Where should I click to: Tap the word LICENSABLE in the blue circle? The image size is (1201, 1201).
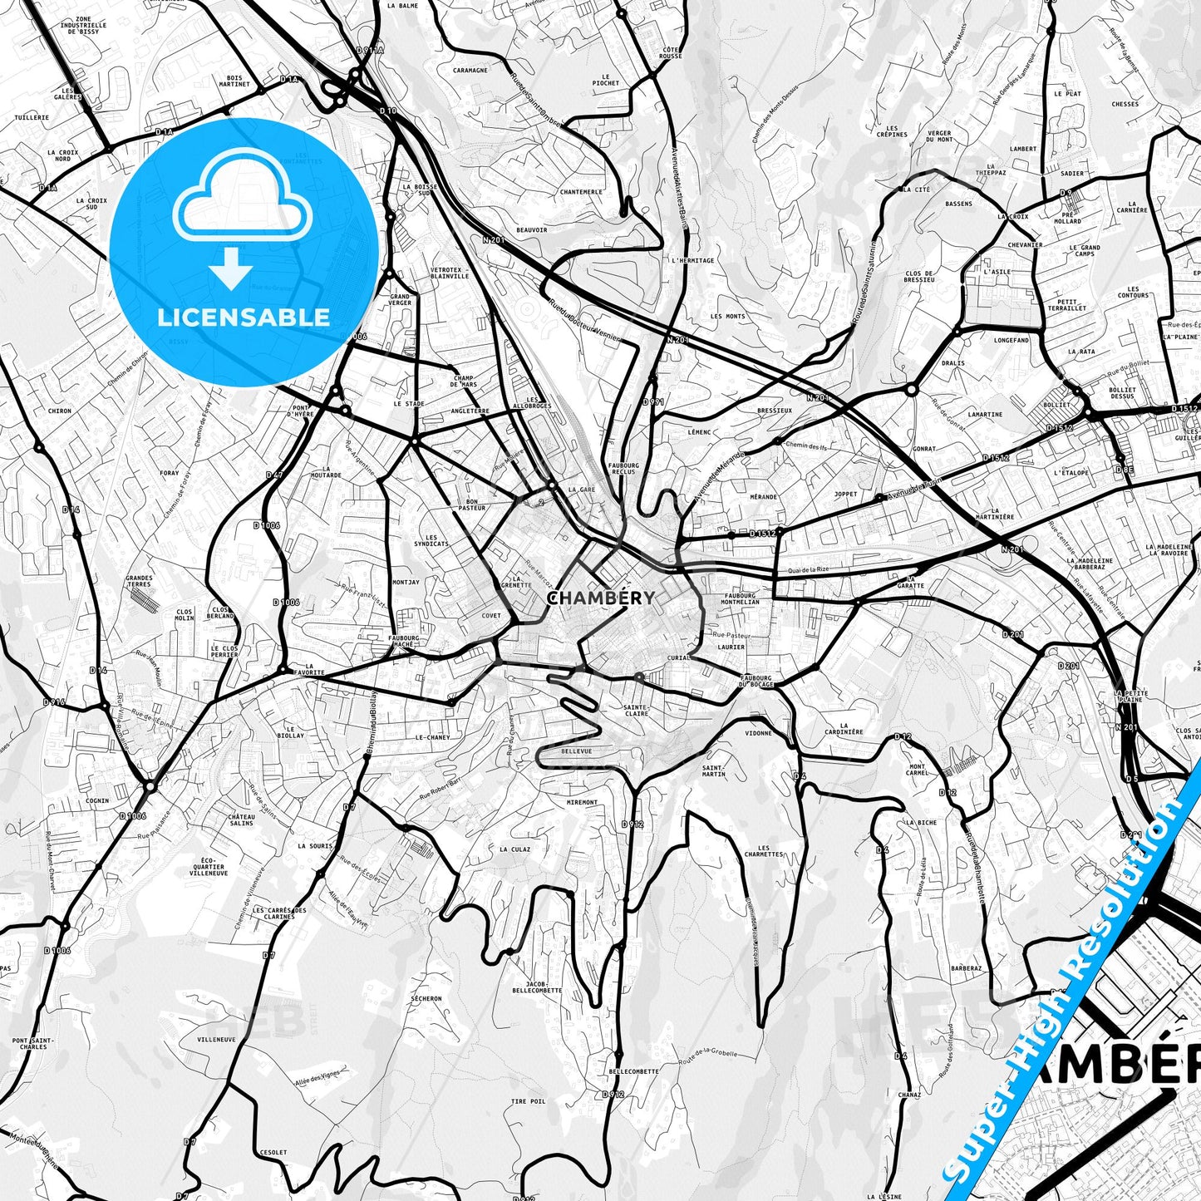(x=244, y=317)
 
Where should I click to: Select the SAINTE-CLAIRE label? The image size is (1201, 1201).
(x=636, y=710)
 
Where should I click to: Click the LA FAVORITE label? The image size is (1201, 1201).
(x=314, y=669)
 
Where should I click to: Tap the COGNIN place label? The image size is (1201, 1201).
(x=97, y=800)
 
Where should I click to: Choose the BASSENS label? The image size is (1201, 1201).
(x=958, y=204)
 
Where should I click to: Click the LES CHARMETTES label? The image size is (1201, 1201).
(x=763, y=851)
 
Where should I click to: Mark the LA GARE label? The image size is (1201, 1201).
(x=582, y=490)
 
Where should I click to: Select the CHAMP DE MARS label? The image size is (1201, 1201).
(x=463, y=381)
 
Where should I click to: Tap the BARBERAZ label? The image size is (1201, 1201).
(x=967, y=968)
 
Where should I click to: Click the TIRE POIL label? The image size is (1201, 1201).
(x=528, y=1101)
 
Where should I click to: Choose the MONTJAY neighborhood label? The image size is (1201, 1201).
(x=406, y=583)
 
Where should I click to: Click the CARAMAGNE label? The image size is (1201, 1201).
(x=470, y=71)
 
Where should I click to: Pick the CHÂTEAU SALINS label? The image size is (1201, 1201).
(x=241, y=820)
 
